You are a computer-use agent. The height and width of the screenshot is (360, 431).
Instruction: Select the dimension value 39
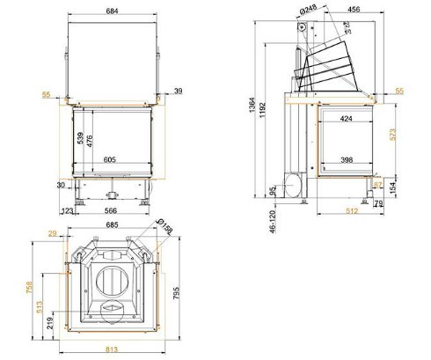pyautogui.click(x=179, y=91)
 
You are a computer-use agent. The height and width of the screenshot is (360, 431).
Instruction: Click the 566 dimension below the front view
pyautogui.click(x=112, y=211)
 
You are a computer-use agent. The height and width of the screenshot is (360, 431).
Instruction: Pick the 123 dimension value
pyautogui.click(x=67, y=211)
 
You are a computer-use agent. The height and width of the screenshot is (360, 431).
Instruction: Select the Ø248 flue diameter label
pyautogui.click(x=309, y=11)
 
